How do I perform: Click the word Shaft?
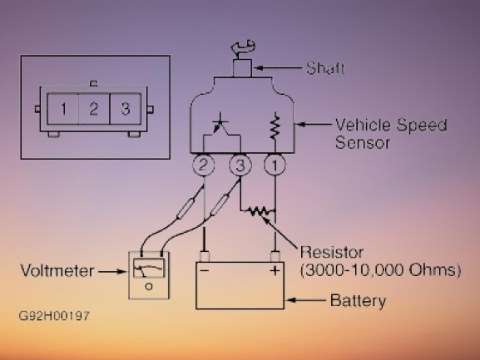coord(325,68)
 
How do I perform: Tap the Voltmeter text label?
coord(57,271)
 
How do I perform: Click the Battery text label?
coord(359,301)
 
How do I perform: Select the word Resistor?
coord(332,253)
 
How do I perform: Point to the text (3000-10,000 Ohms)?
coord(380,270)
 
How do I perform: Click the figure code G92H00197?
coord(54,316)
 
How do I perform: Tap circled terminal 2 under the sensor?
coord(203,165)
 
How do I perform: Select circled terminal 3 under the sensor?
coord(240,165)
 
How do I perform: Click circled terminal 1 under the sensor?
coord(275,165)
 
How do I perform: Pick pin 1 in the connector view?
coord(63,109)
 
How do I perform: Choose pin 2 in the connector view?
coord(94,109)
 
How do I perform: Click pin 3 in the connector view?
coord(126,109)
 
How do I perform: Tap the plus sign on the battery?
coord(275,270)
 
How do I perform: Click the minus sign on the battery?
coord(205,270)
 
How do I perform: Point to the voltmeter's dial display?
coord(149,269)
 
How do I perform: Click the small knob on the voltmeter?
coord(149,287)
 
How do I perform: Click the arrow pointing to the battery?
coord(306,300)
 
